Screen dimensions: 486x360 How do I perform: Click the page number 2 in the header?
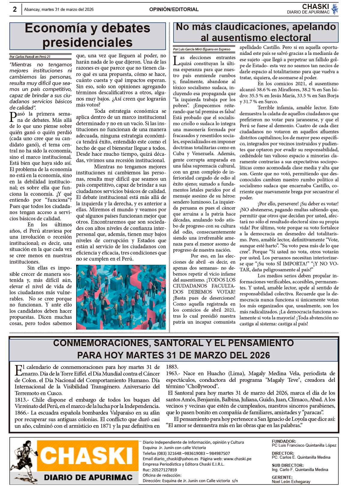point(14,9)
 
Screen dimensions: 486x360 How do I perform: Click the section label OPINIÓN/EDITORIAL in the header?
point(174,9)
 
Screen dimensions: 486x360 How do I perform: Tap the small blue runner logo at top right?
point(335,9)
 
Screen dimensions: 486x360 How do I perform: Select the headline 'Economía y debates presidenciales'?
point(88,35)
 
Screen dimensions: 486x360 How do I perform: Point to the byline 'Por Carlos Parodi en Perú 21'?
point(30,56)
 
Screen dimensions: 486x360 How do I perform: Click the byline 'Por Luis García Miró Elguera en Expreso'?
point(202,49)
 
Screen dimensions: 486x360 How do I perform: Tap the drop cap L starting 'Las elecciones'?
point(177,60)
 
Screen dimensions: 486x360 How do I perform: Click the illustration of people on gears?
point(121,297)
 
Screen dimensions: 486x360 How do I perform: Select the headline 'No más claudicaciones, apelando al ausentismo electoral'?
point(256,32)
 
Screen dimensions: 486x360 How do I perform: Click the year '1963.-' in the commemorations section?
point(173,373)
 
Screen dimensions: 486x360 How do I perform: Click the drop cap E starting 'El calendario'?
point(18,370)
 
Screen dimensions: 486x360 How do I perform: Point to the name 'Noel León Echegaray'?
point(291,481)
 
